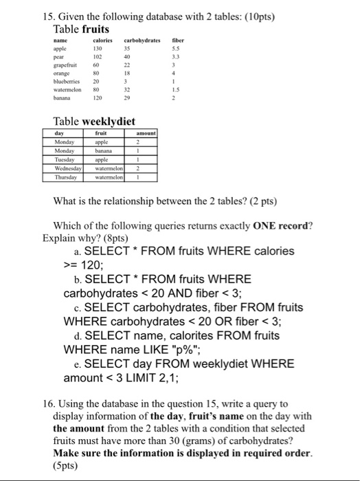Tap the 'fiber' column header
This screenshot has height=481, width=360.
coord(179,41)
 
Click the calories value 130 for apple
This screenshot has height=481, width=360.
coord(98,50)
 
